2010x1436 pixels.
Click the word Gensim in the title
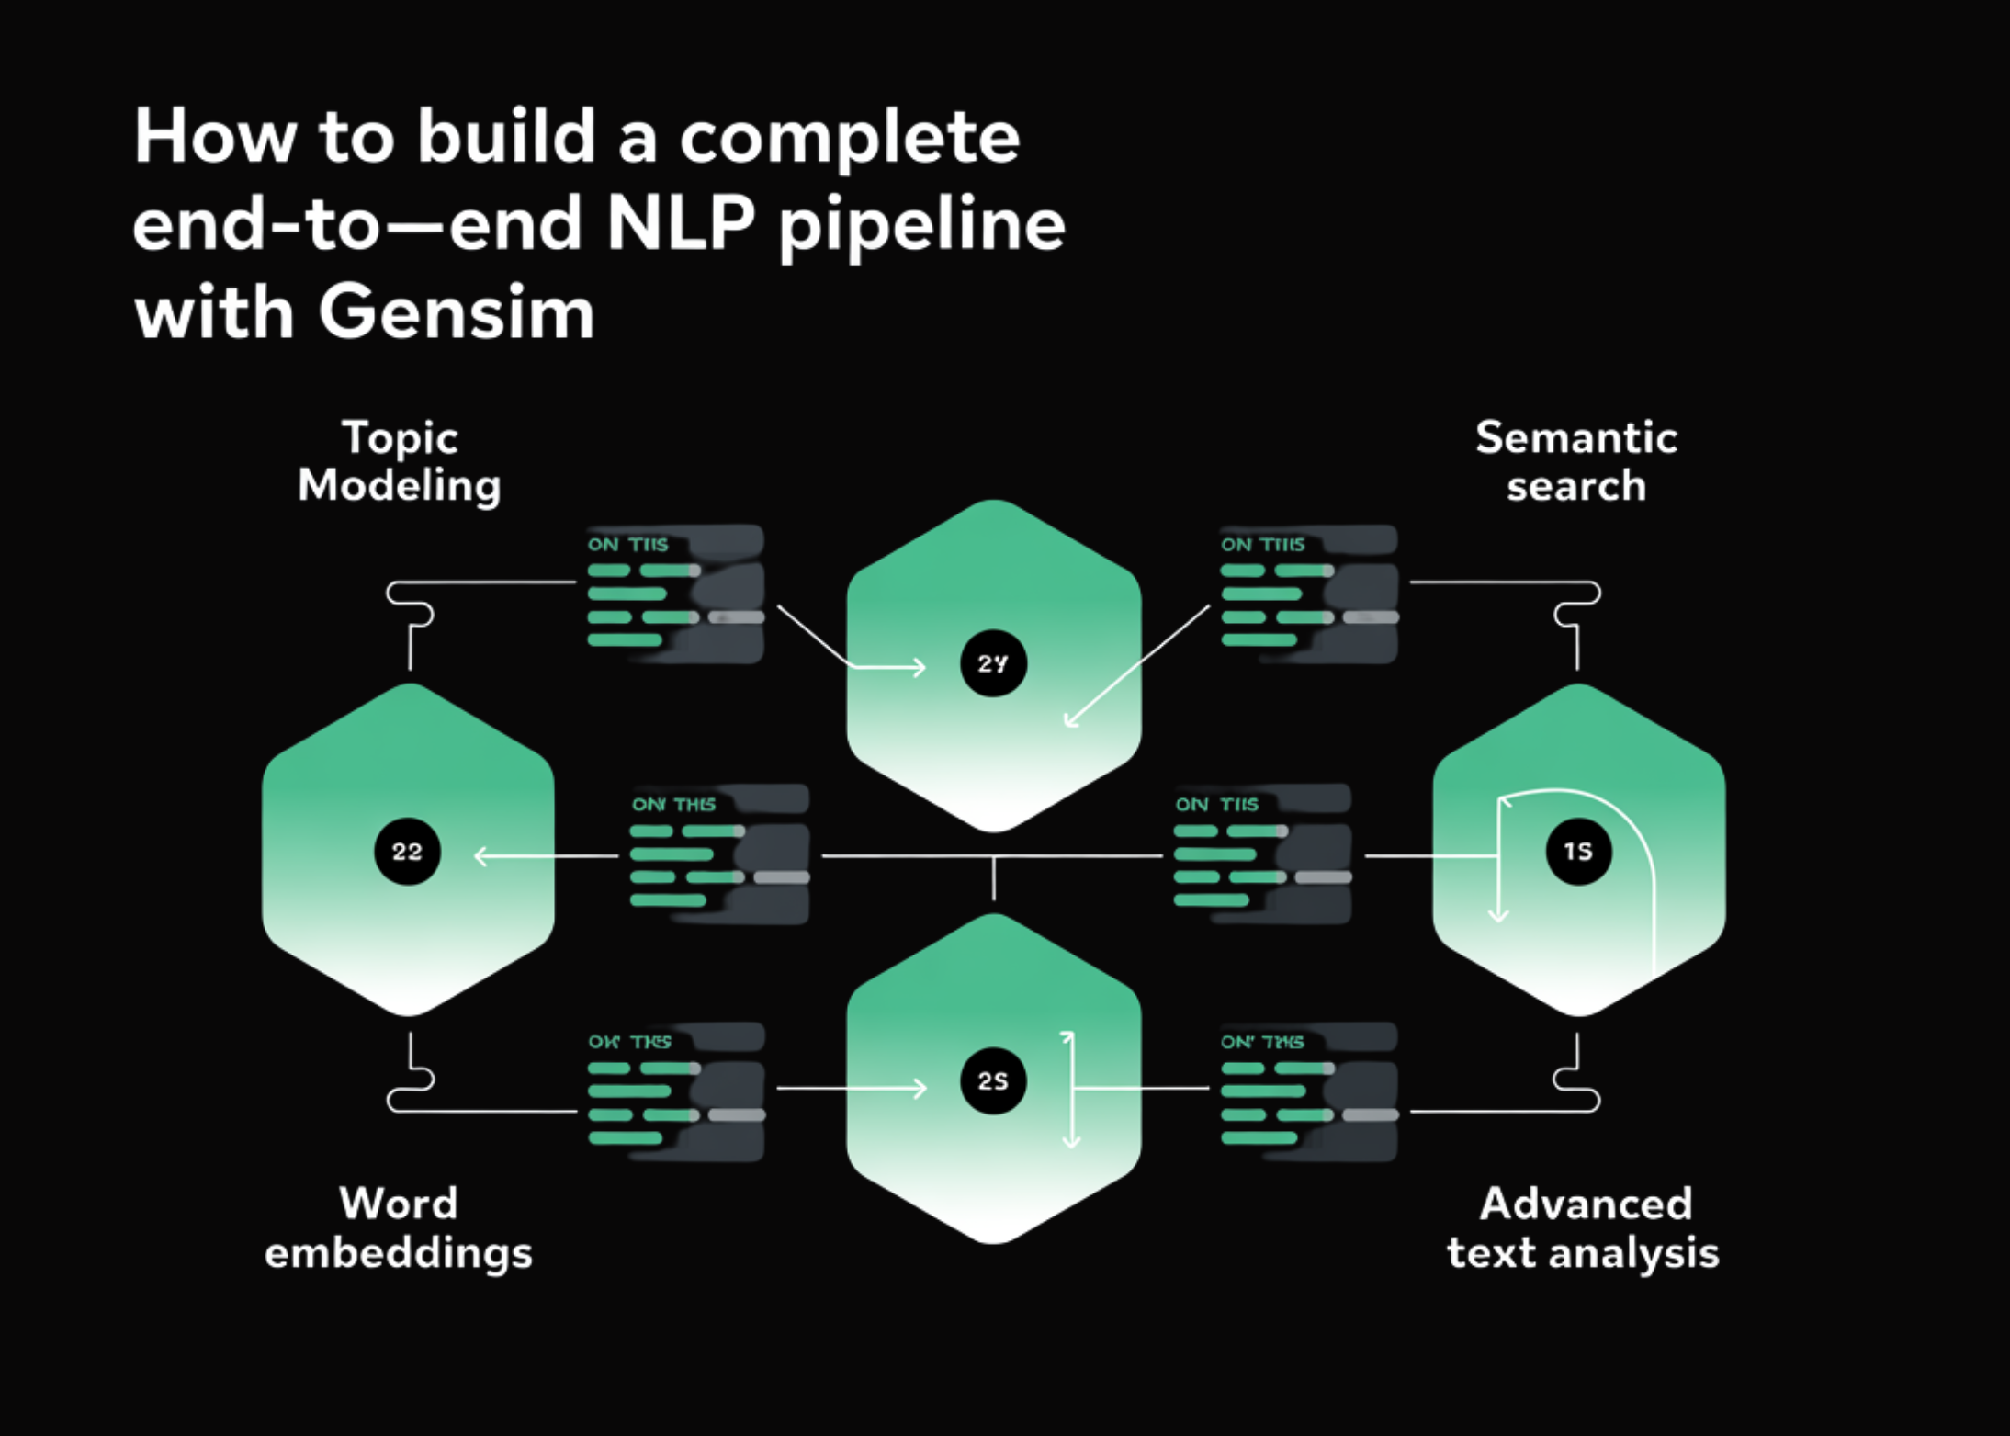click(457, 312)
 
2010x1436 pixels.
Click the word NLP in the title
click(680, 223)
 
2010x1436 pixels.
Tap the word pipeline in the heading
click(921, 225)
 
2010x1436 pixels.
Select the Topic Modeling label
click(400, 461)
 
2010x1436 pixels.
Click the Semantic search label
click(1576, 461)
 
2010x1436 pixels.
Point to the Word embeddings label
click(399, 1227)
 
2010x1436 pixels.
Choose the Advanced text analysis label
click(1584, 1227)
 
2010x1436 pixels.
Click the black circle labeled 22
click(407, 852)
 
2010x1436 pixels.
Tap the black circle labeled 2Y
click(993, 663)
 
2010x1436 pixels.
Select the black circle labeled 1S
click(1578, 852)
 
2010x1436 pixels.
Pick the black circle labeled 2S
click(993, 1081)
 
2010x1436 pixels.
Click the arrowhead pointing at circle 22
click(480, 856)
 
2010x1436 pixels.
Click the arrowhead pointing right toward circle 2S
click(920, 1089)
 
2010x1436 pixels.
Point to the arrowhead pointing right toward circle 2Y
click(920, 667)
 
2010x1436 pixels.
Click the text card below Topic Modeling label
click(675, 594)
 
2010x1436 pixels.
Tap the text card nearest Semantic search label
click(1309, 594)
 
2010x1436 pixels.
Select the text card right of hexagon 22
click(719, 854)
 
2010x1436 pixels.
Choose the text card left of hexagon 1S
click(1262, 854)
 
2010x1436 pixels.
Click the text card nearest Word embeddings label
click(676, 1091)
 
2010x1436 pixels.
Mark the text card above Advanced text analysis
click(1309, 1091)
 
